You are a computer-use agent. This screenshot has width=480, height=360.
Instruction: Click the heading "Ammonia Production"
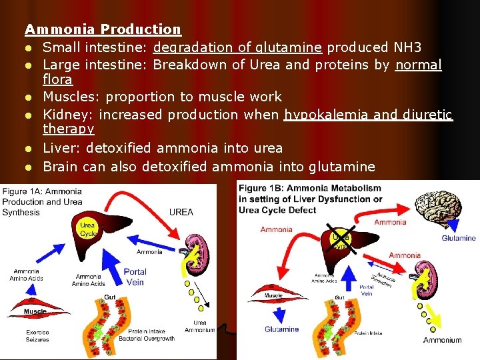click(103, 29)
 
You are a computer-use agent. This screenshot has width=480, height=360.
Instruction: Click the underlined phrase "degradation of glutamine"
click(238, 47)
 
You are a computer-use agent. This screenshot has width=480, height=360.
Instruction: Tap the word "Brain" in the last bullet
click(63, 166)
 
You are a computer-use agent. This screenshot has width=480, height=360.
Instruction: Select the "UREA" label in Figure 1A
click(181, 212)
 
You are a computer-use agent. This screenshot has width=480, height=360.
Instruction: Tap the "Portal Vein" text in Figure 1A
click(135, 277)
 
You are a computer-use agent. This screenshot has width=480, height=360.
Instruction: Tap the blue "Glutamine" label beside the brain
click(459, 238)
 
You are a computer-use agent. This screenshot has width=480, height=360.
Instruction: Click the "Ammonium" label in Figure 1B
click(442, 340)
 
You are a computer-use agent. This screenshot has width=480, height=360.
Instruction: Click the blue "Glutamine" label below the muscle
click(281, 329)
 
